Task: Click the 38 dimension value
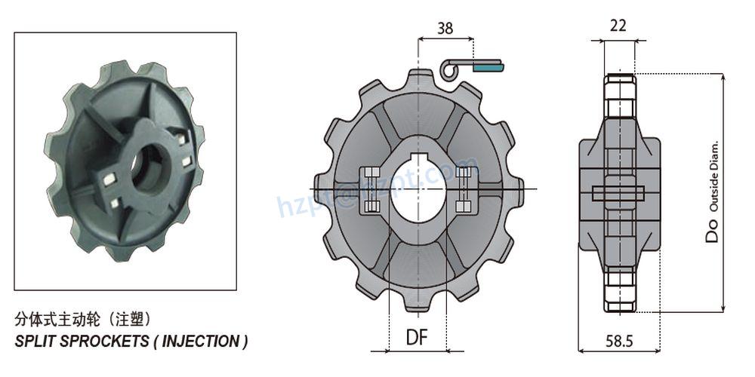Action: coord(445,29)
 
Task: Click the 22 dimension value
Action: coord(618,26)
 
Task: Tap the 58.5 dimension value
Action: coord(618,341)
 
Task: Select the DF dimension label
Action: coord(416,337)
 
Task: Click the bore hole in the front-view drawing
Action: coord(418,191)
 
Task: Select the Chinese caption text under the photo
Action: coord(88,318)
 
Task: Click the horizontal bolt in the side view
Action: coord(618,193)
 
